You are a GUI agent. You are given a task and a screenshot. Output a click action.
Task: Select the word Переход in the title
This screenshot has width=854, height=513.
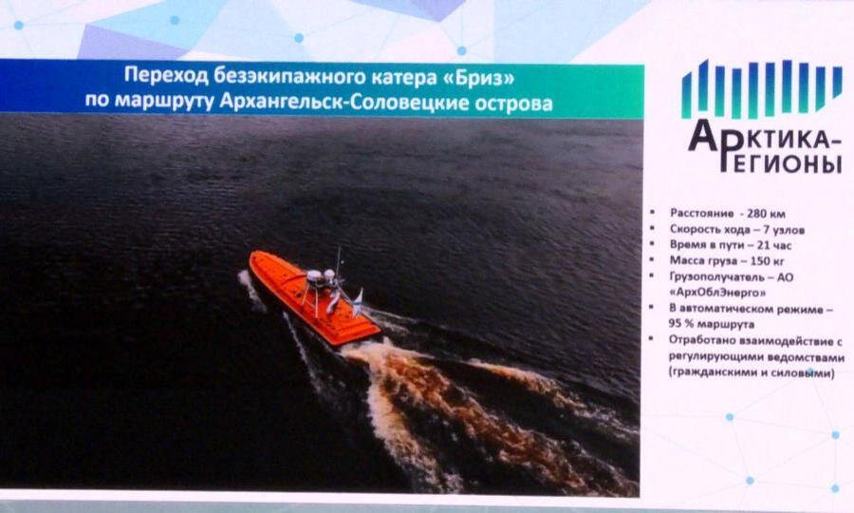[x=166, y=75]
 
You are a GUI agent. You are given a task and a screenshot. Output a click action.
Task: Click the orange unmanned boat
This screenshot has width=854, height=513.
[x=314, y=297]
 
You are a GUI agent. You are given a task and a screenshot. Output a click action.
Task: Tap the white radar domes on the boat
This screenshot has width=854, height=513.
[x=322, y=275]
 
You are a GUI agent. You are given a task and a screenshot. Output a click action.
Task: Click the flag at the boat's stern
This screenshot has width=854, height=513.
[x=358, y=298]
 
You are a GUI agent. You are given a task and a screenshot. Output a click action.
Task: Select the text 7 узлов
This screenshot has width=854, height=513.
[x=784, y=230]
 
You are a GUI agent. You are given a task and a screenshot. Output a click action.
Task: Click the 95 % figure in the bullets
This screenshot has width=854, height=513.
[x=680, y=324]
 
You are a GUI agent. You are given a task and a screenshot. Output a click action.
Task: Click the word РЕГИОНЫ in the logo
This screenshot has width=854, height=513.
[x=781, y=161]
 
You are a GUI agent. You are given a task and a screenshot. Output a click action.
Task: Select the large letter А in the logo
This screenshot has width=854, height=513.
[x=707, y=135]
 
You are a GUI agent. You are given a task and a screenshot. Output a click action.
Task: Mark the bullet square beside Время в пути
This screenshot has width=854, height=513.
[x=652, y=244]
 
